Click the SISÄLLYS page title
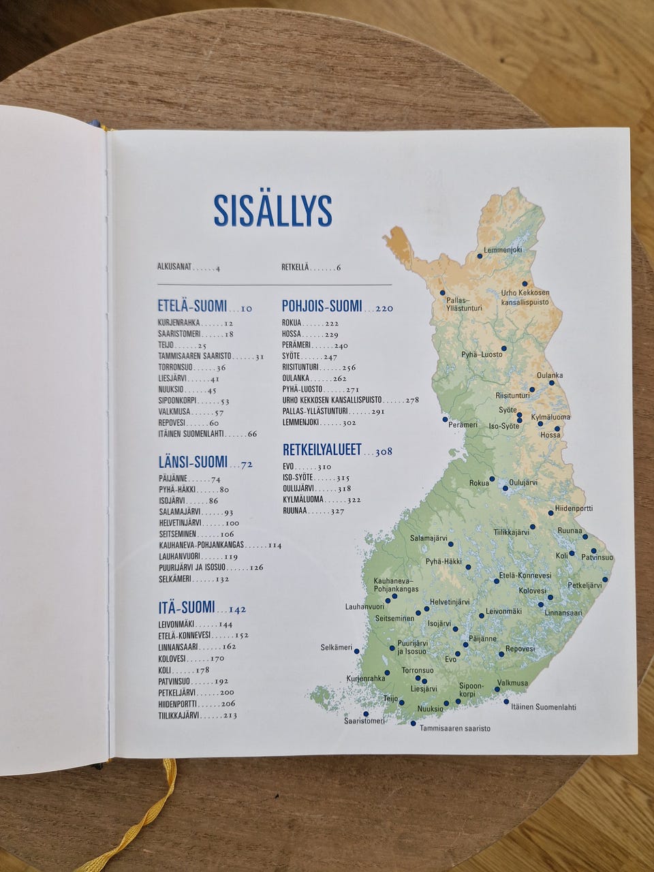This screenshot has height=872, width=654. coord(272,211)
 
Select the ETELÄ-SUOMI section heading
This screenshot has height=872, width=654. coord(192,307)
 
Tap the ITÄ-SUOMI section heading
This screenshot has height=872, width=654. coord(187,607)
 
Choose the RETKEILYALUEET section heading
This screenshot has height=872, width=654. coord(322,450)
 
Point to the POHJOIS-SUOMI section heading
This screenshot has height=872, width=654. coord(322,307)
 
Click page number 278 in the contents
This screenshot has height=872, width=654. coord(412,400)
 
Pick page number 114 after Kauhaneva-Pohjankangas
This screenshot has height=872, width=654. coord(275,546)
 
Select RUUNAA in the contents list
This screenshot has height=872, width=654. coord(295,510)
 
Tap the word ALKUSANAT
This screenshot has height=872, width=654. coord(174,268)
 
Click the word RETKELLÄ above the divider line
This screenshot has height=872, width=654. coord(295,268)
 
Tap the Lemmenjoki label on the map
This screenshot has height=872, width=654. coord(503,250)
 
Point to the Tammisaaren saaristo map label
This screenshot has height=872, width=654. coord(454,728)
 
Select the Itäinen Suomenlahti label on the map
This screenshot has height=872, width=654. coord(544,707)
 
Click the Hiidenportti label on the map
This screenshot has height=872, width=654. coord(574,508)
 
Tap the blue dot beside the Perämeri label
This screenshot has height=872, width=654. coord(445,419)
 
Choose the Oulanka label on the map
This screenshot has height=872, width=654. coord(550,375)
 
